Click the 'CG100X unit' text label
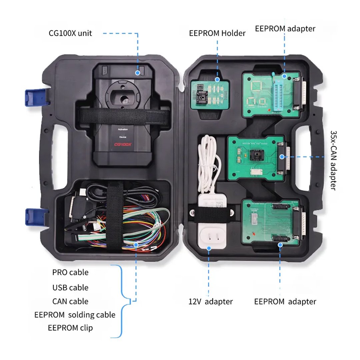[70, 33]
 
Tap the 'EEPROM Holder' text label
[217, 33]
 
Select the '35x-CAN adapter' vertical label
[333, 160]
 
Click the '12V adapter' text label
[210, 302]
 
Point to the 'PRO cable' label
[70, 272]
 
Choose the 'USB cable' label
[70, 287]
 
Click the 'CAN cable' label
[70, 301]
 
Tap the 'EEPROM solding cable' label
[75, 315]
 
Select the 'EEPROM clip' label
[70, 328]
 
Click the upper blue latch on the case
[32, 97]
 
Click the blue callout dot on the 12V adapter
[209, 248]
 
